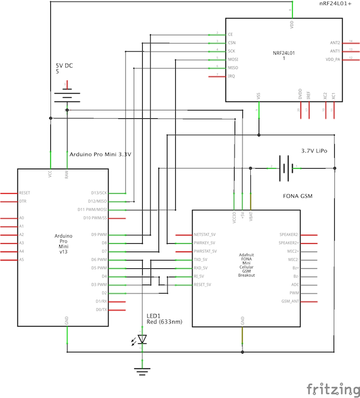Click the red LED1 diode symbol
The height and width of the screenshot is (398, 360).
(x=142, y=340)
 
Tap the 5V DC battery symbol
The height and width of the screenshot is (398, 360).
(x=67, y=97)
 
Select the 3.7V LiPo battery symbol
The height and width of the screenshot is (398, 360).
(x=287, y=168)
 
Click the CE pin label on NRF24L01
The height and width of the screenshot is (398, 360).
(x=230, y=35)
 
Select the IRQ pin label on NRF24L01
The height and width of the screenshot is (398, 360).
(x=231, y=76)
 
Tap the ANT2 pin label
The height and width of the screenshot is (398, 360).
(x=335, y=43)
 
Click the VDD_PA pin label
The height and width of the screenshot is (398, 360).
(x=332, y=59)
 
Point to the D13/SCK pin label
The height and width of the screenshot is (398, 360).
(x=97, y=193)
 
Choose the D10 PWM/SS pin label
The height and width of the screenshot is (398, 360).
(x=93, y=218)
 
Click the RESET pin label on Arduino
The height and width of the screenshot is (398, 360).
(x=25, y=193)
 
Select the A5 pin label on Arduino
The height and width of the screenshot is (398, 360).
(x=22, y=259)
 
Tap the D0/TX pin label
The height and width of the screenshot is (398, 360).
(x=101, y=309)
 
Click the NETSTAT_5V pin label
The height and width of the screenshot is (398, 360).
(x=205, y=235)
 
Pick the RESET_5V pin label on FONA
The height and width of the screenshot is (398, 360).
(x=202, y=285)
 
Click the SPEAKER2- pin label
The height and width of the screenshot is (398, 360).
(x=290, y=235)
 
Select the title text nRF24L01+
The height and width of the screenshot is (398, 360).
(x=336, y=4)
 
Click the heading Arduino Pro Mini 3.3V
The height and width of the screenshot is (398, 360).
(x=100, y=154)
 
